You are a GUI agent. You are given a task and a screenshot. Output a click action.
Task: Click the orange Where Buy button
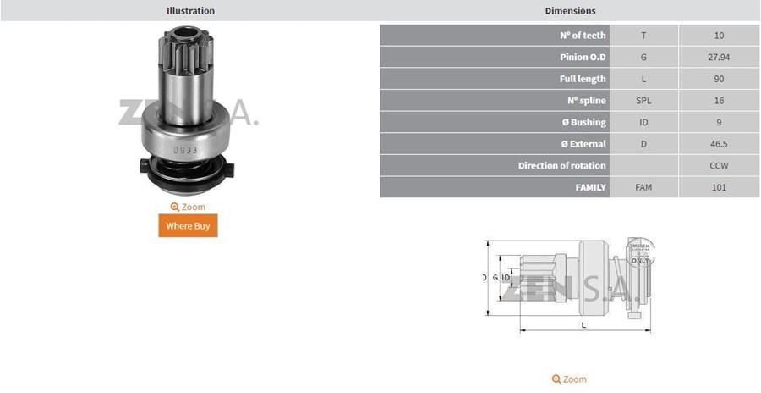pyautogui.click(x=188, y=226)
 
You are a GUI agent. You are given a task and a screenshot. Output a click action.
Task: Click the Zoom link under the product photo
pyautogui.click(x=188, y=207)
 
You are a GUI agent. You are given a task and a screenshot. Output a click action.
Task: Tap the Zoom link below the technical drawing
pyautogui.click(x=569, y=379)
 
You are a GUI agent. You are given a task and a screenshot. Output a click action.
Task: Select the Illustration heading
pyautogui.click(x=190, y=11)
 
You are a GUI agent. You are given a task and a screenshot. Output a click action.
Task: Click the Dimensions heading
pyautogui.click(x=570, y=11)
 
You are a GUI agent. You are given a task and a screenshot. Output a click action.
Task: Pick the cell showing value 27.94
pyautogui.click(x=719, y=58)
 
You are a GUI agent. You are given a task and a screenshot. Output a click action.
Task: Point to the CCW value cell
pyautogui.click(x=719, y=166)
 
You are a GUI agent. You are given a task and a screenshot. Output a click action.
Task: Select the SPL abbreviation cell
pyautogui.click(x=643, y=101)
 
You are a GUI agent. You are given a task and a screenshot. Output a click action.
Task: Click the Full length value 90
pyautogui.click(x=719, y=79)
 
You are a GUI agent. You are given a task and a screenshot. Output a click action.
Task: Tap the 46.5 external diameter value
pyautogui.click(x=719, y=144)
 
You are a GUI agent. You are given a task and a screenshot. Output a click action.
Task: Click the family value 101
pyautogui.click(x=719, y=187)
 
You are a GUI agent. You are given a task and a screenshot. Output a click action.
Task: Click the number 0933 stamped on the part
pyautogui.click(x=185, y=150)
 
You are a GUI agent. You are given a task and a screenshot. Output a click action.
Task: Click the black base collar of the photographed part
pyautogui.click(x=183, y=175)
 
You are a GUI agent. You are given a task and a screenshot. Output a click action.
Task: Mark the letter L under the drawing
pyautogui.click(x=583, y=324)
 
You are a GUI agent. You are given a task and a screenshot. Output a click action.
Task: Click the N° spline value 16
pyautogui.click(x=719, y=101)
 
